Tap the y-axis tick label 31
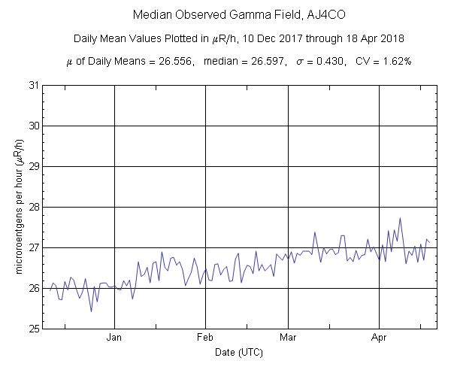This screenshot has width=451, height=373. [x=32, y=85]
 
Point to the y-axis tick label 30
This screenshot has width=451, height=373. [x=32, y=126]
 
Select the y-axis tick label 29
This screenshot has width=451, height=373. [x=32, y=166]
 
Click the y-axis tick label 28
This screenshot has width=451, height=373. [x=32, y=207]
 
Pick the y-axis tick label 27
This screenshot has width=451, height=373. [x=32, y=247]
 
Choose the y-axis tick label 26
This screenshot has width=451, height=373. [x=32, y=288]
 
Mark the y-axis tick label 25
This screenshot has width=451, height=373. [x=32, y=329]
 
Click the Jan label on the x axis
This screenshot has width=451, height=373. [x=114, y=338]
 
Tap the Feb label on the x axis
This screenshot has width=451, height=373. [x=206, y=338]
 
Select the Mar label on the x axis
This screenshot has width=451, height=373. [x=289, y=338]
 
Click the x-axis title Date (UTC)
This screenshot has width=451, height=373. [x=239, y=353]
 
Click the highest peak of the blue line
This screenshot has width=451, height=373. [x=400, y=218]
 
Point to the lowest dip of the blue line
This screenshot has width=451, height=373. [x=91, y=311]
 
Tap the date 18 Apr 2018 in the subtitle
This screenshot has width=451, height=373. [x=375, y=38]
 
